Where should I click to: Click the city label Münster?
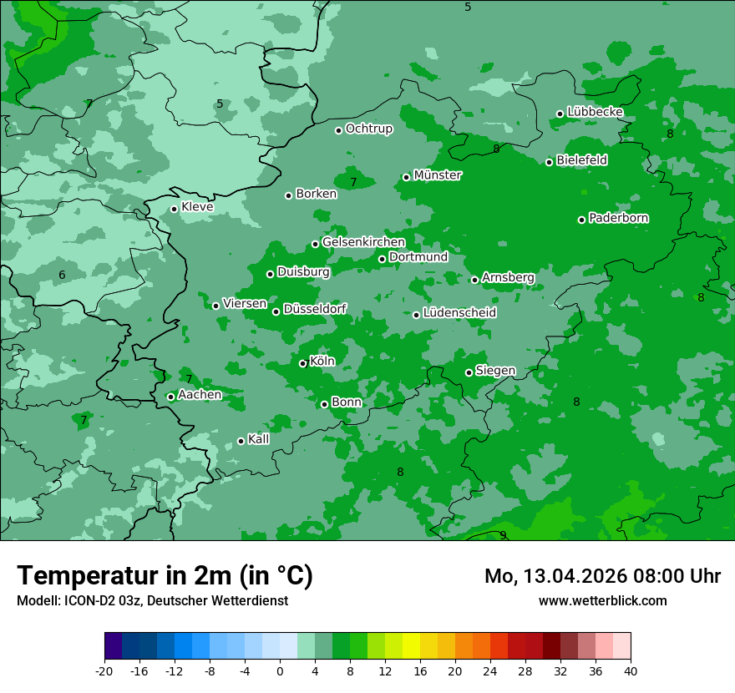pos(437,175)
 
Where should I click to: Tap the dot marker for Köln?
pos(303,363)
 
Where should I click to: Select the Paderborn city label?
pos(618,218)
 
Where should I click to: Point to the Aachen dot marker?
pos(171,397)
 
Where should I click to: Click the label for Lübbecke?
pos(595,112)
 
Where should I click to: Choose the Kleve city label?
pos(197,207)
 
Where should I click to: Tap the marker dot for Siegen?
pos(469,372)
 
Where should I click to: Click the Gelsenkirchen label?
pos(363,242)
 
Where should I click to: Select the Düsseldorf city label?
pos(315,309)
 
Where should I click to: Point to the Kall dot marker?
pos(241,441)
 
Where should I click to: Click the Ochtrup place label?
pos(368,129)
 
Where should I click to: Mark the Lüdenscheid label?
pos(459,313)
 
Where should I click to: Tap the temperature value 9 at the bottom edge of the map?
pos(503,535)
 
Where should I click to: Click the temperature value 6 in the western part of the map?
pos(62,276)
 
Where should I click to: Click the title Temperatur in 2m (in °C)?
pos(165,575)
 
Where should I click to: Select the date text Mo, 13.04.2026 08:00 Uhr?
pos(602,576)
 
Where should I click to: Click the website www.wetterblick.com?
pos(602,600)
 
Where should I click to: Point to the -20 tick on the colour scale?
pos(104,670)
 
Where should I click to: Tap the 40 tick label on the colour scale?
pos(631,670)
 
